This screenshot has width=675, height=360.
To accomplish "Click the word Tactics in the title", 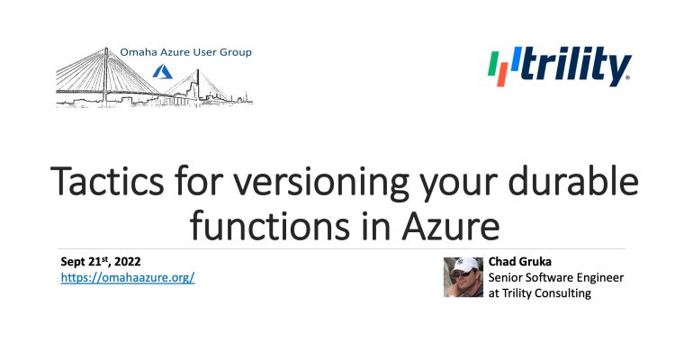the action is [x=107, y=181].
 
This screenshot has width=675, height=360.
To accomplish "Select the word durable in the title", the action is [x=573, y=180].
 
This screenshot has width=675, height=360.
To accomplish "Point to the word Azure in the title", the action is [x=451, y=226].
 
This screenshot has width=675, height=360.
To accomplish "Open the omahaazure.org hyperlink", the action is [x=128, y=277].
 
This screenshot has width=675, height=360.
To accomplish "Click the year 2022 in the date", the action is [x=128, y=261].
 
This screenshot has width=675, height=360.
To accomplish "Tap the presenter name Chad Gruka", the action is [x=519, y=261].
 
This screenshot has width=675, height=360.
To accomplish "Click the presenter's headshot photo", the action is [x=463, y=277].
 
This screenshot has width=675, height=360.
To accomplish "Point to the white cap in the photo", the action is [x=464, y=265].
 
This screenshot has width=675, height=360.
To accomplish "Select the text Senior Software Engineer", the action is [x=556, y=278].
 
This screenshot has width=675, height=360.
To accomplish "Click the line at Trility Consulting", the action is [x=539, y=293].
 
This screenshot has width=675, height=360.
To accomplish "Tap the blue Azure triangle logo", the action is [x=162, y=72].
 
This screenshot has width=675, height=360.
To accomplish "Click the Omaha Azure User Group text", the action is [x=185, y=52].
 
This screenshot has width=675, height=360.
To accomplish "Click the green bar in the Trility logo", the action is [x=493, y=64].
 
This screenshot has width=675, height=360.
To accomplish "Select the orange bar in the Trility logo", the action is [x=502, y=75].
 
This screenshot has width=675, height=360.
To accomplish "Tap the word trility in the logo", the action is [x=576, y=66].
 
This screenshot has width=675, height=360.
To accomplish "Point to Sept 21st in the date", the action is [x=85, y=261].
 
